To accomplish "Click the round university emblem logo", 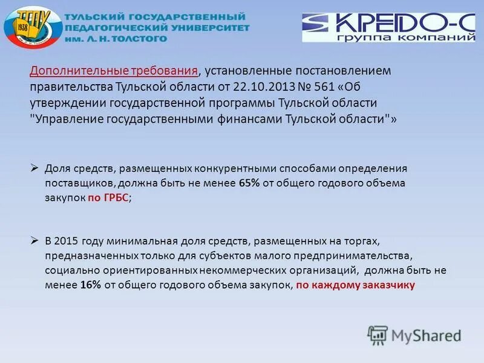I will coord(32,28).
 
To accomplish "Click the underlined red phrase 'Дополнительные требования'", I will coord(114,71).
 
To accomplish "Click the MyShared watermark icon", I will coord(378,335).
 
